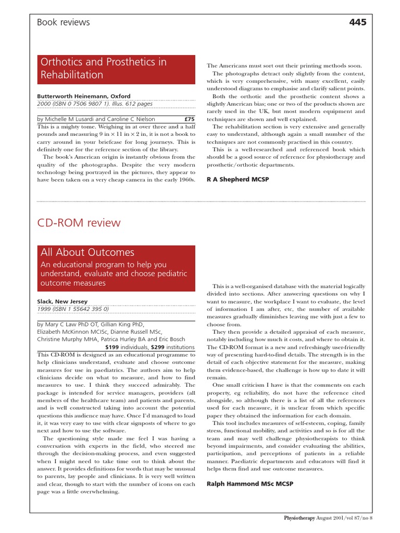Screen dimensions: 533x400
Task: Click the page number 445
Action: click(358, 22)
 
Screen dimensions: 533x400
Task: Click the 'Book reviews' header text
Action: click(64, 22)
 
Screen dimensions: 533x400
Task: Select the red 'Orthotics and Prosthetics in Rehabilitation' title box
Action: click(116, 69)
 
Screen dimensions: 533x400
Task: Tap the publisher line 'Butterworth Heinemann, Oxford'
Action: click(84, 96)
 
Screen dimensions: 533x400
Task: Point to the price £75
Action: click(190, 119)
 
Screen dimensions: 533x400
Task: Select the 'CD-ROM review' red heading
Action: click(79, 223)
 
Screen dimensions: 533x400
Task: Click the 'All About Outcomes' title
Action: click(87, 252)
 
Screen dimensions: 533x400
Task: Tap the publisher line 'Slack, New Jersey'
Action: click(62, 301)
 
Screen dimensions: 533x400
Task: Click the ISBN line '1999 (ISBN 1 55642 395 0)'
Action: click(73, 308)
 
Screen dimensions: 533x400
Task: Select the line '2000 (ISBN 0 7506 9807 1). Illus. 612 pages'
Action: click(94, 104)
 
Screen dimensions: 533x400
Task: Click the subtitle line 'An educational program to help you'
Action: click(104, 264)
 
